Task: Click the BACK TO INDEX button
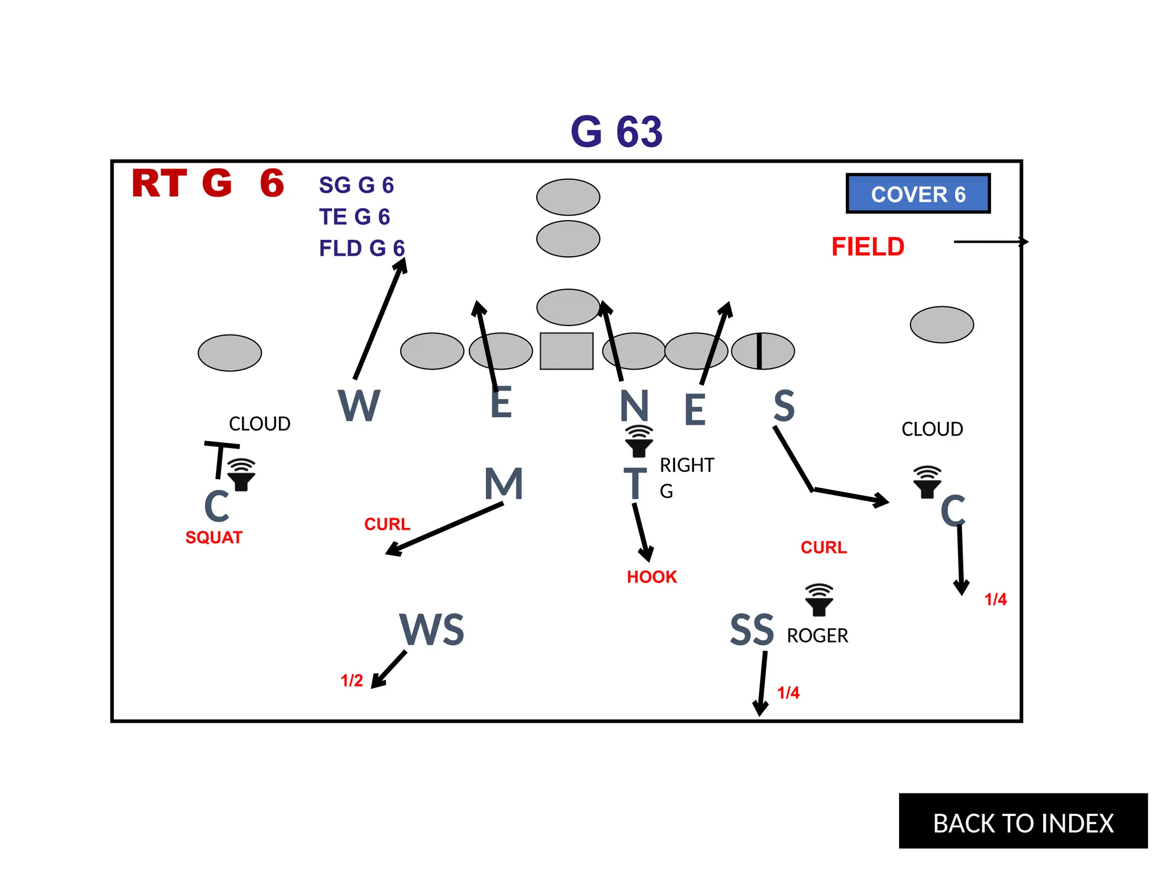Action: coord(1023,822)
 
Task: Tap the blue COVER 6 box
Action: coord(918,194)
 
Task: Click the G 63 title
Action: coord(616,132)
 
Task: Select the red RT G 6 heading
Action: coord(207,183)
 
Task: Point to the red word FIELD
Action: coord(867,247)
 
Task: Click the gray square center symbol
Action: coord(566,351)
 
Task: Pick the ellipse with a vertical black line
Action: coord(762,351)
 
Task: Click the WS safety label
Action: coord(432,630)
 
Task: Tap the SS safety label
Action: coord(752,630)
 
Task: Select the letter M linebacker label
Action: coord(503,484)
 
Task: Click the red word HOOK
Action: coord(651,577)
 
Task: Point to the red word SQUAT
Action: coord(214,537)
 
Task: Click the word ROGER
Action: coord(817,636)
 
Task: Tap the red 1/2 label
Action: coord(351,680)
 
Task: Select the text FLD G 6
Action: coord(362,248)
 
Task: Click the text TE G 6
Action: coord(354,217)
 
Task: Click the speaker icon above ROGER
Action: coord(819,599)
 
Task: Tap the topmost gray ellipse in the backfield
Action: coord(568,197)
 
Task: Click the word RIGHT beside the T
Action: coord(687,465)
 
